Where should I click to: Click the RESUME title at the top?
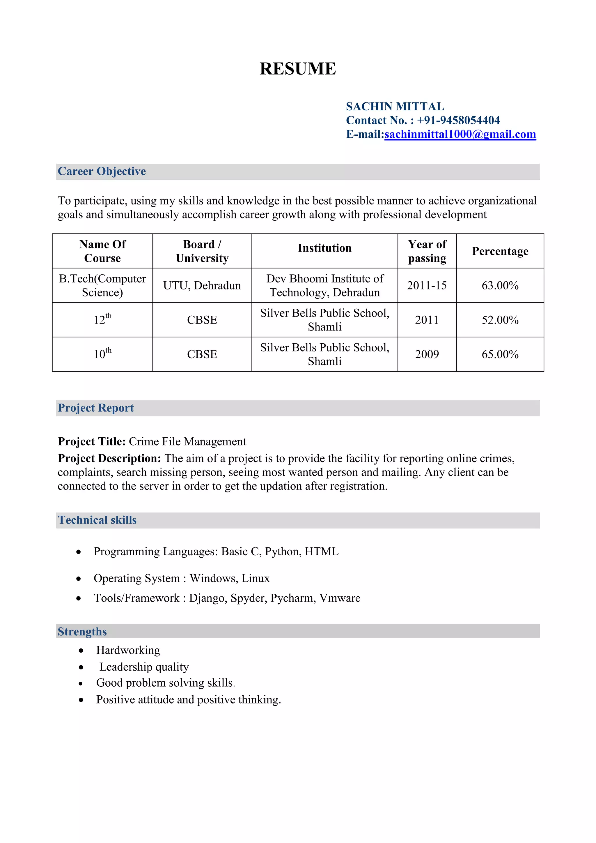point(298,69)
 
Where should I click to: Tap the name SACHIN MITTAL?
point(395,107)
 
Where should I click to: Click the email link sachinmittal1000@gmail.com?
point(460,134)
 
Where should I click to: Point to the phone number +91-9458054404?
point(458,121)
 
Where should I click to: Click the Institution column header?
point(324,248)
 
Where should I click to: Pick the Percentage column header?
point(500,251)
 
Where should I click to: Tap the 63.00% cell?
point(500,286)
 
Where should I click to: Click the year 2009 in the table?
point(427,354)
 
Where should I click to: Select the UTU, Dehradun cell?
point(202,286)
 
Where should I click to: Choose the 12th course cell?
point(102,319)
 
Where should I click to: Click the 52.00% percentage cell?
point(500,320)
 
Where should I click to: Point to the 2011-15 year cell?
point(427,286)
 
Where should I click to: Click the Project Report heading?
point(96,408)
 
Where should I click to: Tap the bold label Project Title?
point(92,441)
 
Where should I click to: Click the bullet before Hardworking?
point(81,651)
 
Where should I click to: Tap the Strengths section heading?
point(82,632)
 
